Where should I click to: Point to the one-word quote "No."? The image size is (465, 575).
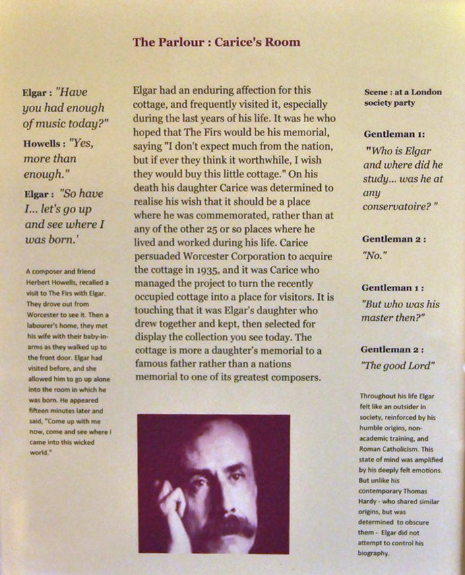[x=374, y=256]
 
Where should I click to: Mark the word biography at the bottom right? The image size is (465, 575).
[x=376, y=553]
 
